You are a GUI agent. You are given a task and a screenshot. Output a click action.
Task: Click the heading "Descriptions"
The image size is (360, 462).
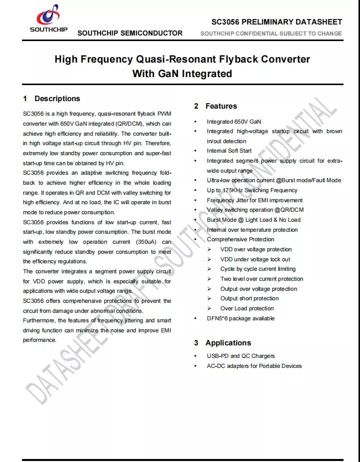57,99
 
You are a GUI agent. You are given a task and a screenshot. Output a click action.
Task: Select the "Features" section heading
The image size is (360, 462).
221,106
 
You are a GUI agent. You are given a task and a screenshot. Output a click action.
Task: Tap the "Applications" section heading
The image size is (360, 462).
228,343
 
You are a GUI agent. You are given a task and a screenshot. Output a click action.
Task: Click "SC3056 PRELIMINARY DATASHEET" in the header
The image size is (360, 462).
276,22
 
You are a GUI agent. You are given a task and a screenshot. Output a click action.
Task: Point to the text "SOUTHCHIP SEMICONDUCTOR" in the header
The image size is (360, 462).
130,33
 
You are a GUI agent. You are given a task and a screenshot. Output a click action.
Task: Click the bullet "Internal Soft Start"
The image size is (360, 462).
229,151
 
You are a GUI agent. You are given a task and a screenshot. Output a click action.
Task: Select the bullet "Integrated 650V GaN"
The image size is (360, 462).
233,122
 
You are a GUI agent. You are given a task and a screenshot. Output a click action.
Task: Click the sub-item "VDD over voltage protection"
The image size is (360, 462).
256,249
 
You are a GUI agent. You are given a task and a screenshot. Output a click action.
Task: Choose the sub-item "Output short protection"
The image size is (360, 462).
249,298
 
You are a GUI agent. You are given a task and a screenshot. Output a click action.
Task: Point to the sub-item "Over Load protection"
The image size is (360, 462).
247,308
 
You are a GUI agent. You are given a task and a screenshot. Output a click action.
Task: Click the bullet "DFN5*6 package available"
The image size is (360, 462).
240,318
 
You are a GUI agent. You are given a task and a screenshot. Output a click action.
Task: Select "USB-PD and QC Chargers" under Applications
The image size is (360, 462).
240,356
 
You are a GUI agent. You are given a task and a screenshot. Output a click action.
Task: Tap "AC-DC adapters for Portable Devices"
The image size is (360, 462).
254,366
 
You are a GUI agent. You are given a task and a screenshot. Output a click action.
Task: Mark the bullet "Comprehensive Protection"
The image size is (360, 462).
240,239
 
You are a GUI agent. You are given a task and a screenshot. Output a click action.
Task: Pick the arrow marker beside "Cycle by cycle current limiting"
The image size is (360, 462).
209,269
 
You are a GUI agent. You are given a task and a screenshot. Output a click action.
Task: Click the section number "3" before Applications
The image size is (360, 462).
196,343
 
